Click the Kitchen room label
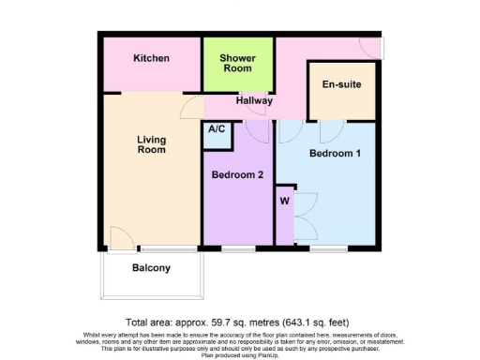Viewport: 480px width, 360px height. pyautogui.click(x=151, y=58)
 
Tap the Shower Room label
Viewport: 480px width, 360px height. pyautogui.click(x=236, y=63)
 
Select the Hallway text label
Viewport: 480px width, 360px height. pyautogui.click(x=254, y=100)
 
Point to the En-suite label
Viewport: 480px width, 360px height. pyautogui.click(x=341, y=85)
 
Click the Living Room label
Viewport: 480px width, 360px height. pyautogui.click(x=151, y=144)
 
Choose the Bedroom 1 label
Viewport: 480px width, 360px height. pyautogui.click(x=335, y=154)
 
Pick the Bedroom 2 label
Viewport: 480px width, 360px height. pyautogui.click(x=237, y=175)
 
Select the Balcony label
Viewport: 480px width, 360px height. pyautogui.click(x=151, y=268)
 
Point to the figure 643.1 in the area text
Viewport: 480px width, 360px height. pyautogui.click(x=305, y=322)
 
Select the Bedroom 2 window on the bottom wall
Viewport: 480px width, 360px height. pyautogui.click(x=237, y=248)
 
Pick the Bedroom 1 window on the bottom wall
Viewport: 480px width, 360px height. pyautogui.click(x=335, y=248)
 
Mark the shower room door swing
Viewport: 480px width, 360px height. pyautogui.click(x=255, y=114)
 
